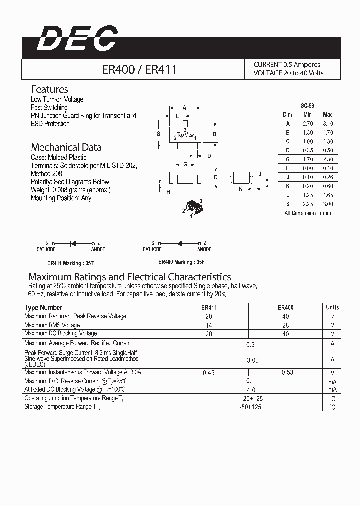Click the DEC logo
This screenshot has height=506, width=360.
tap(77, 39)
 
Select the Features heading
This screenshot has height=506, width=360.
tap(49, 89)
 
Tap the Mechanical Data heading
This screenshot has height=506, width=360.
tap(66, 147)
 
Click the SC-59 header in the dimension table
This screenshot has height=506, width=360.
tap(307, 106)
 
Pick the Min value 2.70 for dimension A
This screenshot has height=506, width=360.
tap(308, 123)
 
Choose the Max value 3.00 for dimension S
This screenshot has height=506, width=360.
tap(327, 204)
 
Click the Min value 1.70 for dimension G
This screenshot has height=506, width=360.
tap(308, 159)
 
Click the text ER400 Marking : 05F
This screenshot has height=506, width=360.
tap(181, 262)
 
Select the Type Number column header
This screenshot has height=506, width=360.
tap(43, 308)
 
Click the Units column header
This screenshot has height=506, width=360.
tap(332, 308)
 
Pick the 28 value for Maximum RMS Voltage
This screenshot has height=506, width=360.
tap(285, 325)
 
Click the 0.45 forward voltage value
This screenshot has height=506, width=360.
tap(209, 372)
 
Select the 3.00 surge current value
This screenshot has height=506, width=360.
tap(253, 360)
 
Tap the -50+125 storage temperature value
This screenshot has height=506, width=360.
tap(251, 407)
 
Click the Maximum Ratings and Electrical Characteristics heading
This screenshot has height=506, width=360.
tap(130, 276)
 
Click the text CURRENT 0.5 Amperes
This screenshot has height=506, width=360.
tap(287, 65)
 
